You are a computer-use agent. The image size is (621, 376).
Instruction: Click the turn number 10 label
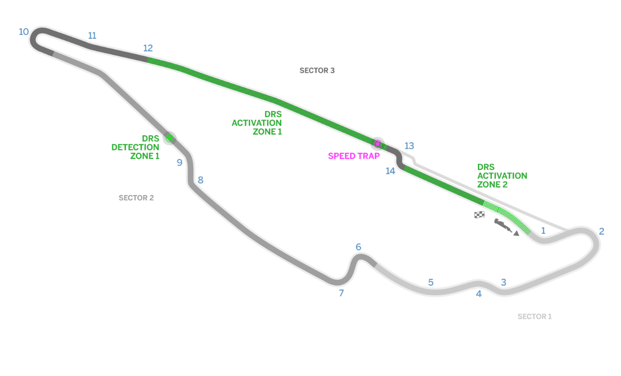pyautogui.click(x=24, y=32)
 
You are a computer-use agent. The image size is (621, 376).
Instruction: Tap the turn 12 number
pyautogui.click(x=148, y=48)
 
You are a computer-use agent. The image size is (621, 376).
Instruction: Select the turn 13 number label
pyautogui.click(x=409, y=146)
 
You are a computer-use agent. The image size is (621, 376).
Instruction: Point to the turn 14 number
pyautogui.click(x=391, y=171)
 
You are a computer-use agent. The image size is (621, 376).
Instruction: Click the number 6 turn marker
pyautogui.click(x=359, y=247)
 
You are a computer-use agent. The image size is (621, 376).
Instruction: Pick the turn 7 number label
pyautogui.click(x=342, y=293)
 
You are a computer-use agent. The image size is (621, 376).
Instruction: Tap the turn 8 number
pyautogui.click(x=201, y=180)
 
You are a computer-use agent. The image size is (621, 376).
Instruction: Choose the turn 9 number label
pyautogui.click(x=180, y=163)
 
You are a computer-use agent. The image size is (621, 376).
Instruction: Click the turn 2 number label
pyautogui.click(x=602, y=231)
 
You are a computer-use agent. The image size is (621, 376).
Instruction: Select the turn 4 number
pyautogui.click(x=479, y=294)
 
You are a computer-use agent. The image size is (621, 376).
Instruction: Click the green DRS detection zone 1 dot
pyautogui.click(x=169, y=138)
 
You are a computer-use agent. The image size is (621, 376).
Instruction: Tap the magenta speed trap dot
pyautogui.click(x=377, y=144)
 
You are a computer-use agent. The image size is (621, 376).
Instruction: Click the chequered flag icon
pyautogui.click(x=479, y=214)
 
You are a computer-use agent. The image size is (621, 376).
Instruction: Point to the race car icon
pyautogui.click(x=503, y=225)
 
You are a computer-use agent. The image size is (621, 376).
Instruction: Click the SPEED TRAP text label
pyautogui.click(x=354, y=156)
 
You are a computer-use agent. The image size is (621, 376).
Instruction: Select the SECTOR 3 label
pyautogui.click(x=317, y=71)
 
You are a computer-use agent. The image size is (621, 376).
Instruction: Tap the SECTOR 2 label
pyautogui.click(x=136, y=198)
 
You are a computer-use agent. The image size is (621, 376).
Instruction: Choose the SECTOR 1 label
pyautogui.click(x=535, y=317)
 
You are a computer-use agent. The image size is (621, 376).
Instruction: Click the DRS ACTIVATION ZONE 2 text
pyautogui.click(x=502, y=176)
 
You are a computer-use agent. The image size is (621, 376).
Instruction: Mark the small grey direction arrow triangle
pyautogui.click(x=516, y=233)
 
